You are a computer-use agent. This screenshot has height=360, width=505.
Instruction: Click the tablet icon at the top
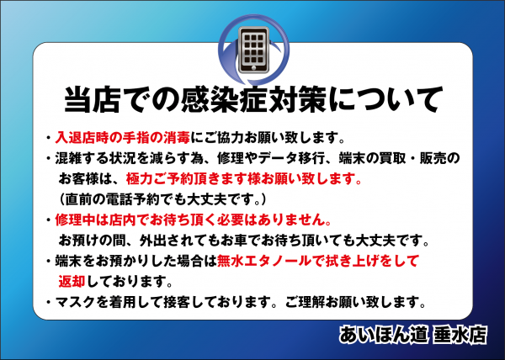tap(253, 50)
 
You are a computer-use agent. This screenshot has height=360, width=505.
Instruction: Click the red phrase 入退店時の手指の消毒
tap(123, 138)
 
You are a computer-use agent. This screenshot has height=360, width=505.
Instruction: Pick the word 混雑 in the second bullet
tap(68, 158)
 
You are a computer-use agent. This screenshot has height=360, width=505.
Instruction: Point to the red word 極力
tap(139, 179)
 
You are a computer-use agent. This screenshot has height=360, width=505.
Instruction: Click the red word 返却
tap(72, 281)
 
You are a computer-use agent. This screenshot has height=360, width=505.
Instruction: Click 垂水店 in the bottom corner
tap(460, 335)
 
